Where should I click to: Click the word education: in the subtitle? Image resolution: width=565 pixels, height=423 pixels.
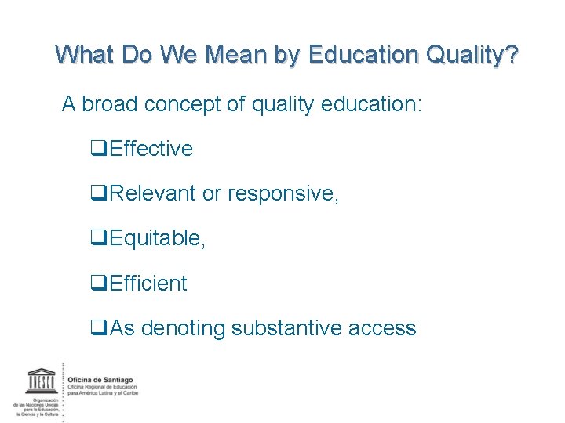(371, 103)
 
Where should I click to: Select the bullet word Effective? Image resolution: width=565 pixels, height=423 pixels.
(151, 149)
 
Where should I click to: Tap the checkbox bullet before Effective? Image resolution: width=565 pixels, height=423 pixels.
(100, 149)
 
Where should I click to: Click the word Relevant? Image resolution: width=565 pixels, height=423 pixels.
(153, 193)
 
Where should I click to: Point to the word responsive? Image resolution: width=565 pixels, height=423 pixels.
(282, 193)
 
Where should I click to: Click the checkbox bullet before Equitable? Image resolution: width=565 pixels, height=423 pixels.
(100, 238)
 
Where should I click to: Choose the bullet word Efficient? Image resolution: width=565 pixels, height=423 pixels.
(148, 283)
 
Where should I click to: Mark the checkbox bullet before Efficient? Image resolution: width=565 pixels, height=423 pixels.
(100, 283)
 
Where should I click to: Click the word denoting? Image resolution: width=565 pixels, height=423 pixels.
(183, 328)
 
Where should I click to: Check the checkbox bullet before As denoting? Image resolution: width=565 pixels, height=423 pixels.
(100, 328)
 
